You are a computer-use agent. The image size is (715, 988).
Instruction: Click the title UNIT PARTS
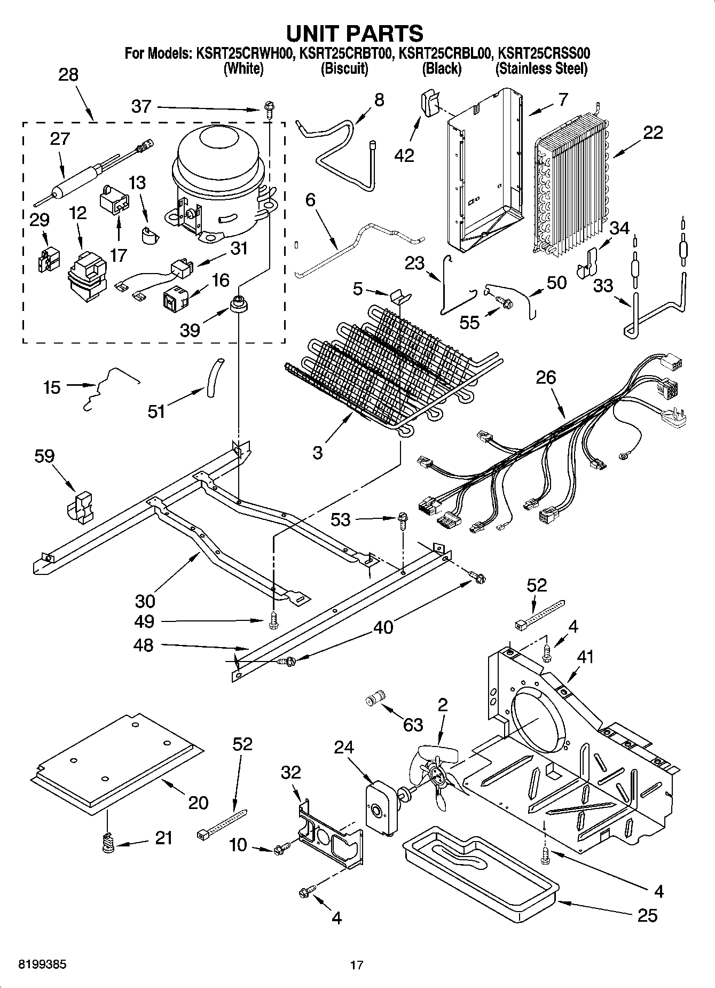pos(355,33)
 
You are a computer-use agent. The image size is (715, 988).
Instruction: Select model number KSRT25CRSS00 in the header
pos(544,53)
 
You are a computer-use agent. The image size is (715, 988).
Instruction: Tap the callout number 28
pos(68,75)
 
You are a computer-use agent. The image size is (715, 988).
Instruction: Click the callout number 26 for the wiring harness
pos(546,378)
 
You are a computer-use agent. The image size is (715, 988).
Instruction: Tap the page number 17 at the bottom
pos(357,965)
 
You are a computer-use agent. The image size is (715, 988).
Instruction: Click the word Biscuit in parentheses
pos(344,68)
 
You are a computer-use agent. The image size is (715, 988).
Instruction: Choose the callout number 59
pos(44,456)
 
